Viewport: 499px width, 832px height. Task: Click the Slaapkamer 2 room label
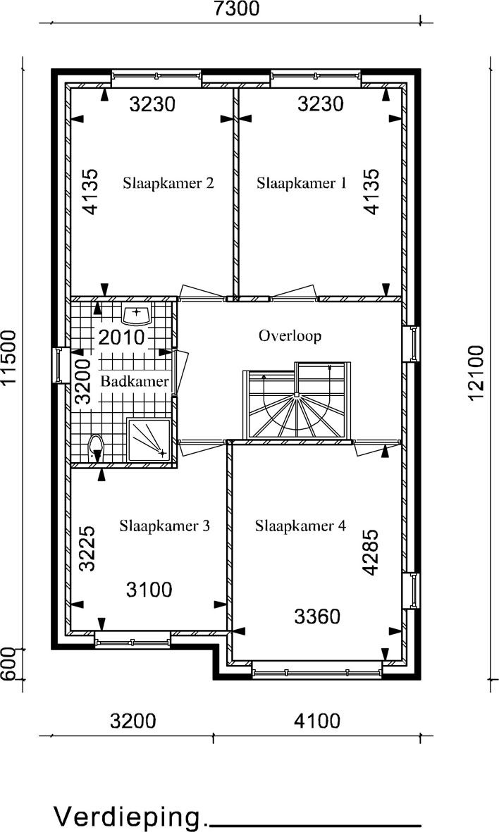(168, 183)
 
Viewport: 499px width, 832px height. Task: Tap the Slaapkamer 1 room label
(302, 183)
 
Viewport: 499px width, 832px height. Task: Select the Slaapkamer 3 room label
(164, 526)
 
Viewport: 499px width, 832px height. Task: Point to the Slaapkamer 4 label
(300, 526)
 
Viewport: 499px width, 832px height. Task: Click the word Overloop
(290, 336)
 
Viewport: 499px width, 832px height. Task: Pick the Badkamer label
(135, 381)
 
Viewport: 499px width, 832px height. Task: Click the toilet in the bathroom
(96, 448)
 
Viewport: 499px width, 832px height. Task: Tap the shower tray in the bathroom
(149, 440)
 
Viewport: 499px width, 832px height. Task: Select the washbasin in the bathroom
(137, 313)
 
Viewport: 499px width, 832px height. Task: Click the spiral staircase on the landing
(297, 401)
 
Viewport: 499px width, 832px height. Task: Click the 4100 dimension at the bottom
(317, 721)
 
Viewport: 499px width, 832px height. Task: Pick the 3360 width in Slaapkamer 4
(317, 616)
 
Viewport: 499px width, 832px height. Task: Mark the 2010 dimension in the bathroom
(121, 337)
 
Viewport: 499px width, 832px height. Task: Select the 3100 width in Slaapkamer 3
(149, 590)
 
